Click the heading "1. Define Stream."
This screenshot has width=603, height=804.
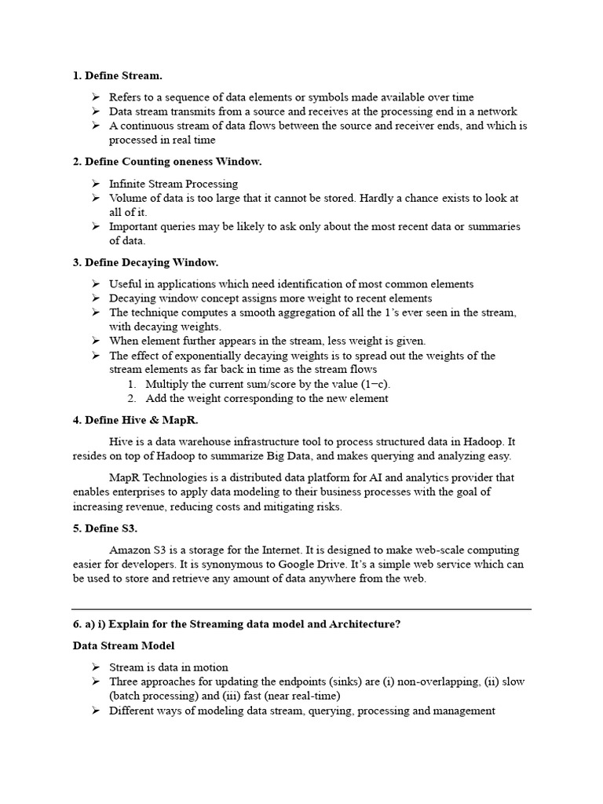tap(118, 75)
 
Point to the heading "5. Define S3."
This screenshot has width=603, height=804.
tap(105, 528)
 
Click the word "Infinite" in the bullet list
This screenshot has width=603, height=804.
tap(129, 184)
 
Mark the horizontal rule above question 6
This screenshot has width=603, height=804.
tap(301, 608)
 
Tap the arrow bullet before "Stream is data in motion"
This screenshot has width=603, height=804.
tap(94, 667)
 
